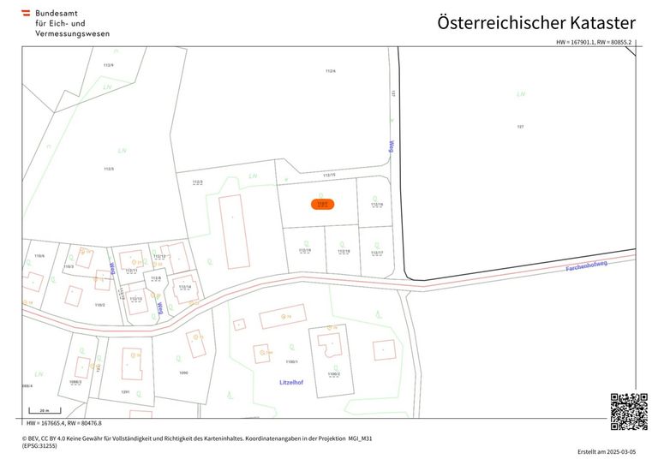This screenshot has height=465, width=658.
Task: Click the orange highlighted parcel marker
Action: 322,205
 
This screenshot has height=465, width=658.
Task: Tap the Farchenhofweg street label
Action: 587,266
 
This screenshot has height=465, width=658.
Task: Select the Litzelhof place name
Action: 291,382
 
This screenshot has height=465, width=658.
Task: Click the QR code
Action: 628,412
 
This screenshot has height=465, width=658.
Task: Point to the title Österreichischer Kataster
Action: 536,23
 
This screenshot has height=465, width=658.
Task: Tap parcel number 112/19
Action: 305,250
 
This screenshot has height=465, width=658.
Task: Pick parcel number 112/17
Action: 376,253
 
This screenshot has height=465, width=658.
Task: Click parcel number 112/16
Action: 375,205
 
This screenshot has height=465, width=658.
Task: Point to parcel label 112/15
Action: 329,175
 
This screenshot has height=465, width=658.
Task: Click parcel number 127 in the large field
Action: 520,127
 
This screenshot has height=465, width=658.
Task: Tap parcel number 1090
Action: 182,373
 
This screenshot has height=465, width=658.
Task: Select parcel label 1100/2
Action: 333,374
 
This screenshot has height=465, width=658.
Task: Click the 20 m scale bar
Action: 45,413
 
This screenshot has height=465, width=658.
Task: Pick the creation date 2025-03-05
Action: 607,451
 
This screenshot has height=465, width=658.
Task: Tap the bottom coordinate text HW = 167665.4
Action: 64,423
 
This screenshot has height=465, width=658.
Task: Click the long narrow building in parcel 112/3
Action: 233,231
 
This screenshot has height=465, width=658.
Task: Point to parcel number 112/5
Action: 109,169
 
